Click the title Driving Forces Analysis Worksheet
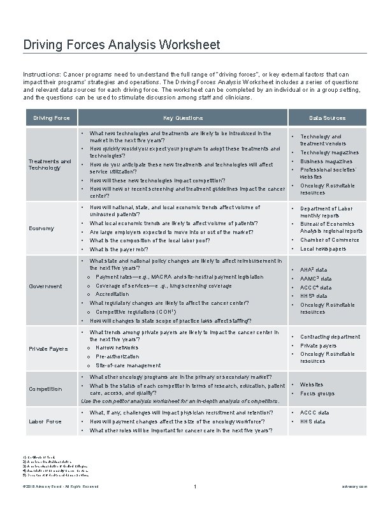[x=122, y=45]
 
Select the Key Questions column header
[x=183, y=118]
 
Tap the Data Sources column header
[x=327, y=118]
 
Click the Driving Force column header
[x=52, y=118]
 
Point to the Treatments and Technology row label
[x=50, y=165]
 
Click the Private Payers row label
[x=48, y=349]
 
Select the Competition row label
[x=46, y=389]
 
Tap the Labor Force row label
[x=45, y=421]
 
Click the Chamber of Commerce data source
[x=329, y=240]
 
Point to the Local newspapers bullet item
[x=323, y=249]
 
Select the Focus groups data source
[x=317, y=393]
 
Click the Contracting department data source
[x=329, y=337]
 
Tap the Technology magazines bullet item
[x=329, y=153]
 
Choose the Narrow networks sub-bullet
[x=117, y=348]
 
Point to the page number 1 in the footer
[x=194, y=488]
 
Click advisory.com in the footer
[x=354, y=487]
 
